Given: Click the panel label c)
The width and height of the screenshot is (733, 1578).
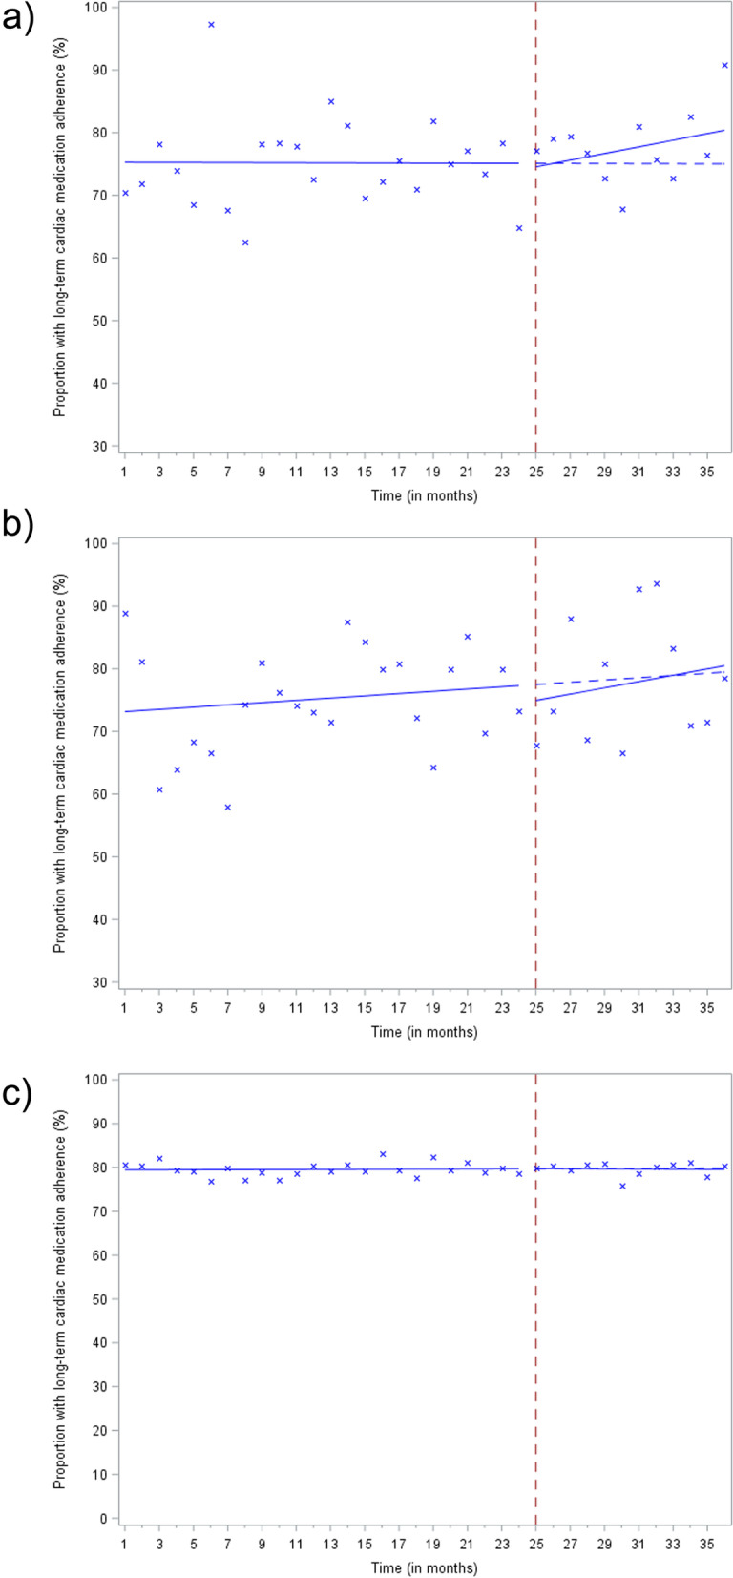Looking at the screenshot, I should pos(18,1094).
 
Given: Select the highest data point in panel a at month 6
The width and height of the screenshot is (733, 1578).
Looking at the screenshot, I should pos(211,25).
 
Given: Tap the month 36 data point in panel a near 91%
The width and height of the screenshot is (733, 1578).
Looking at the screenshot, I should pos(724,65).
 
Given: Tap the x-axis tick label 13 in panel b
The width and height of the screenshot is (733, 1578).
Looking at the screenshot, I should pos(330,1008).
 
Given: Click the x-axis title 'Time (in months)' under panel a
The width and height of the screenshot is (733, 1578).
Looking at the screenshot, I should pos(424,495).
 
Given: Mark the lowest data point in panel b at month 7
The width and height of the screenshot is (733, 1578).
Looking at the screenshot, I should pos(228,808).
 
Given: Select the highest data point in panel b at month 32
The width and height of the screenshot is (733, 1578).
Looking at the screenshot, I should pos(656,584).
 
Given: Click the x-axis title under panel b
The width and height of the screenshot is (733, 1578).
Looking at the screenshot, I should pos(424,1032).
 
